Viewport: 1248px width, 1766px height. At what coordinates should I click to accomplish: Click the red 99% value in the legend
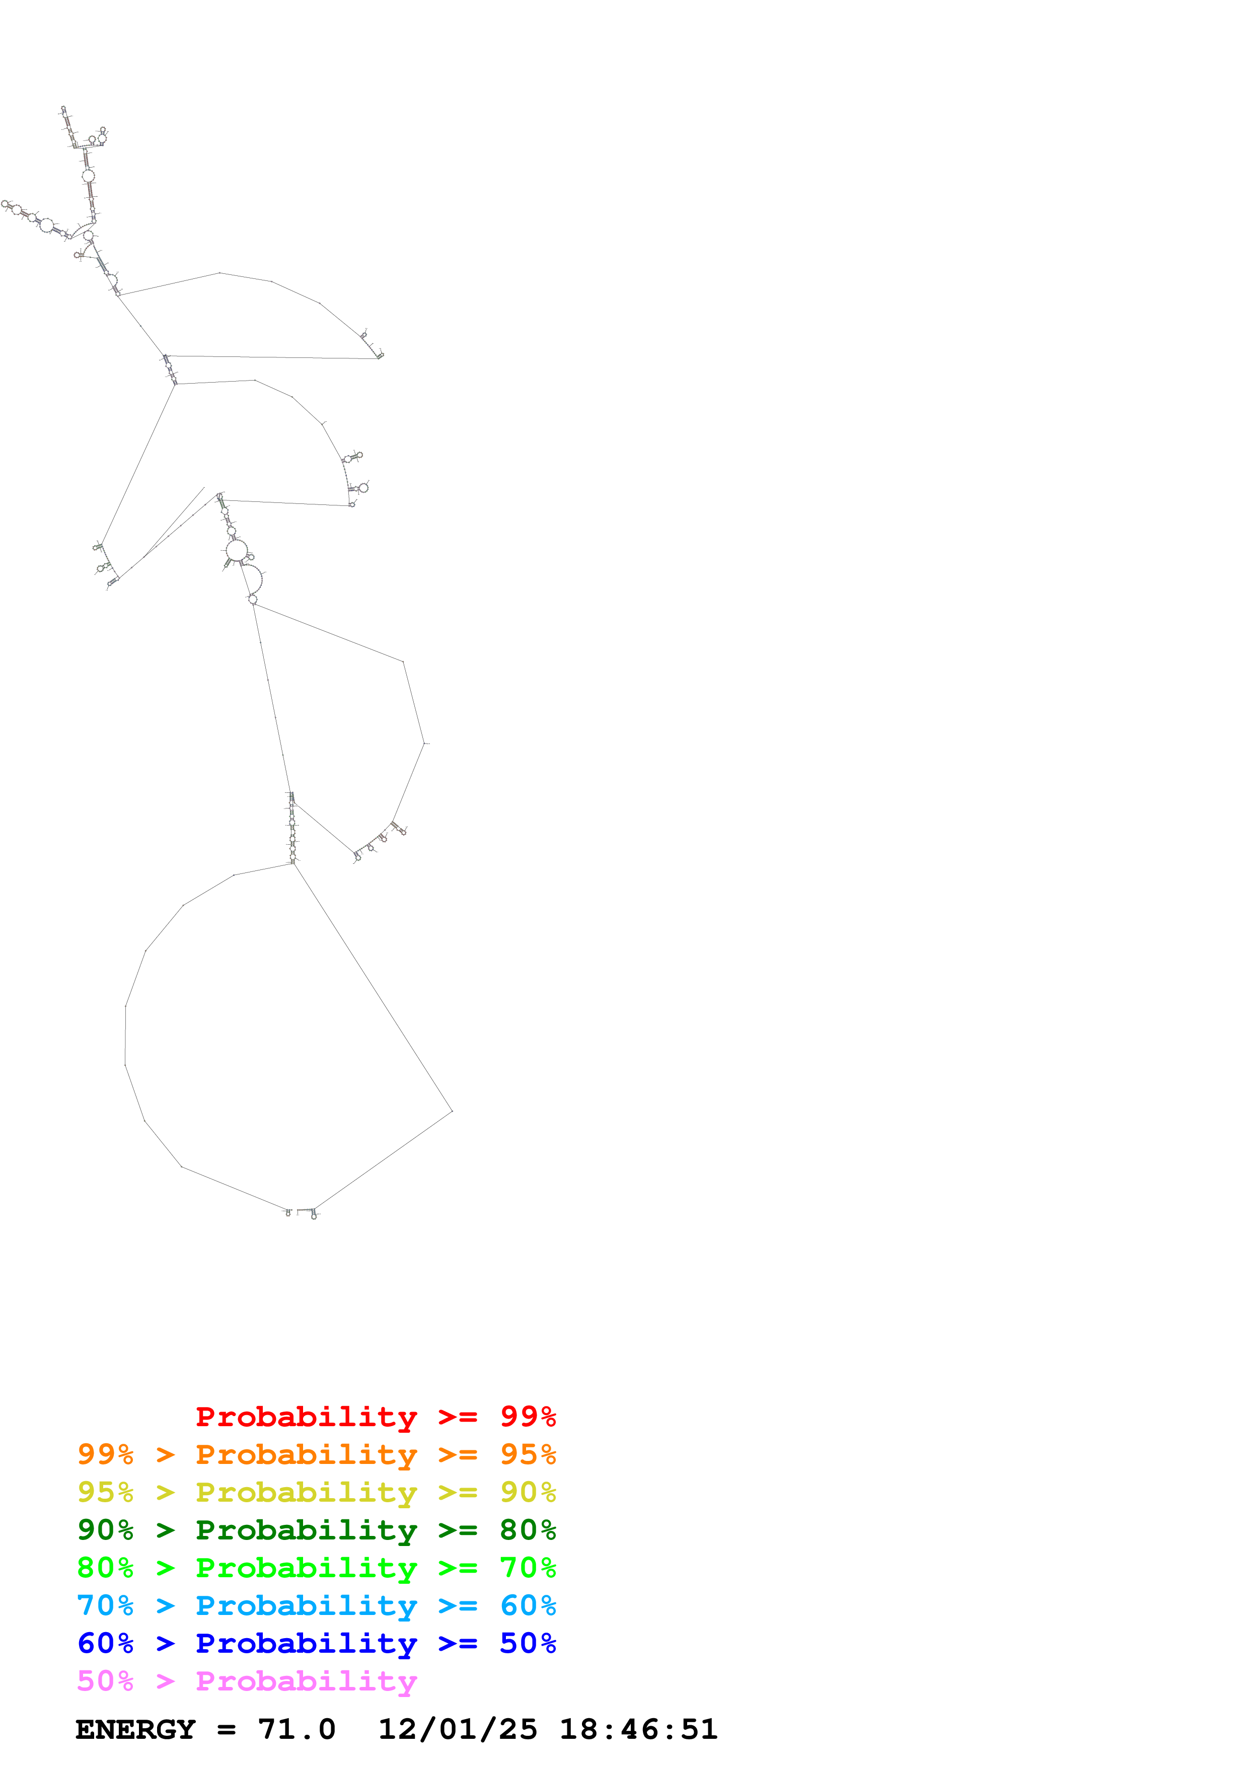[528, 1417]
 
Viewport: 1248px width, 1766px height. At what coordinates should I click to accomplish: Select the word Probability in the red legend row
[306, 1417]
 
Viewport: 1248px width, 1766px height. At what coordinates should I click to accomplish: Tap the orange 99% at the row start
[105, 1454]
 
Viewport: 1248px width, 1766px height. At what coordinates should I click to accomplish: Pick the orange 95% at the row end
[528, 1454]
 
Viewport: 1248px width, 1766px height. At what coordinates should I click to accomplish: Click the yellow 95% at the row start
[105, 1492]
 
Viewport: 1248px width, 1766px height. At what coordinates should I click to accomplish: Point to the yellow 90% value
[528, 1492]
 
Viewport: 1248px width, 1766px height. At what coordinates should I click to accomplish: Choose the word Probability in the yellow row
[306, 1492]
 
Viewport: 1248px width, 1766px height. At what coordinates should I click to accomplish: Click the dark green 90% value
[105, 1530]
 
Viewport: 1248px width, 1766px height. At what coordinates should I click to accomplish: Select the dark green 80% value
[528, 1530]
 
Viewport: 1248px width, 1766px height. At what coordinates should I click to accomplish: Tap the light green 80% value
[105, 1568]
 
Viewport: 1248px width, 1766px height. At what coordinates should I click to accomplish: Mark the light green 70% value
[528, 1568]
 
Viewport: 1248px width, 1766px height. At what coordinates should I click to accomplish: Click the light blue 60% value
[528, 1605]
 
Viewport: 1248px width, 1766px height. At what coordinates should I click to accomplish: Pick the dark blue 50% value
[528, 1643]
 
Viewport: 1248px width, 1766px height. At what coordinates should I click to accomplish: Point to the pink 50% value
[105, 1680]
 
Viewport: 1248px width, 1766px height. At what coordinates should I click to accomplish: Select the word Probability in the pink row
[306, 1680]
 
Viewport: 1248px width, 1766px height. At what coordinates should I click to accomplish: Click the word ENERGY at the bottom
[135, 1729]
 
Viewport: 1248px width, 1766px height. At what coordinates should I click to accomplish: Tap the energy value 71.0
[297, 1729]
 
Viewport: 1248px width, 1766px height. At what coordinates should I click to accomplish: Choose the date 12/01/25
[458, 1729]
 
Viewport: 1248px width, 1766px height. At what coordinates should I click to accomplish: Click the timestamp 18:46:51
[638, 1729]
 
